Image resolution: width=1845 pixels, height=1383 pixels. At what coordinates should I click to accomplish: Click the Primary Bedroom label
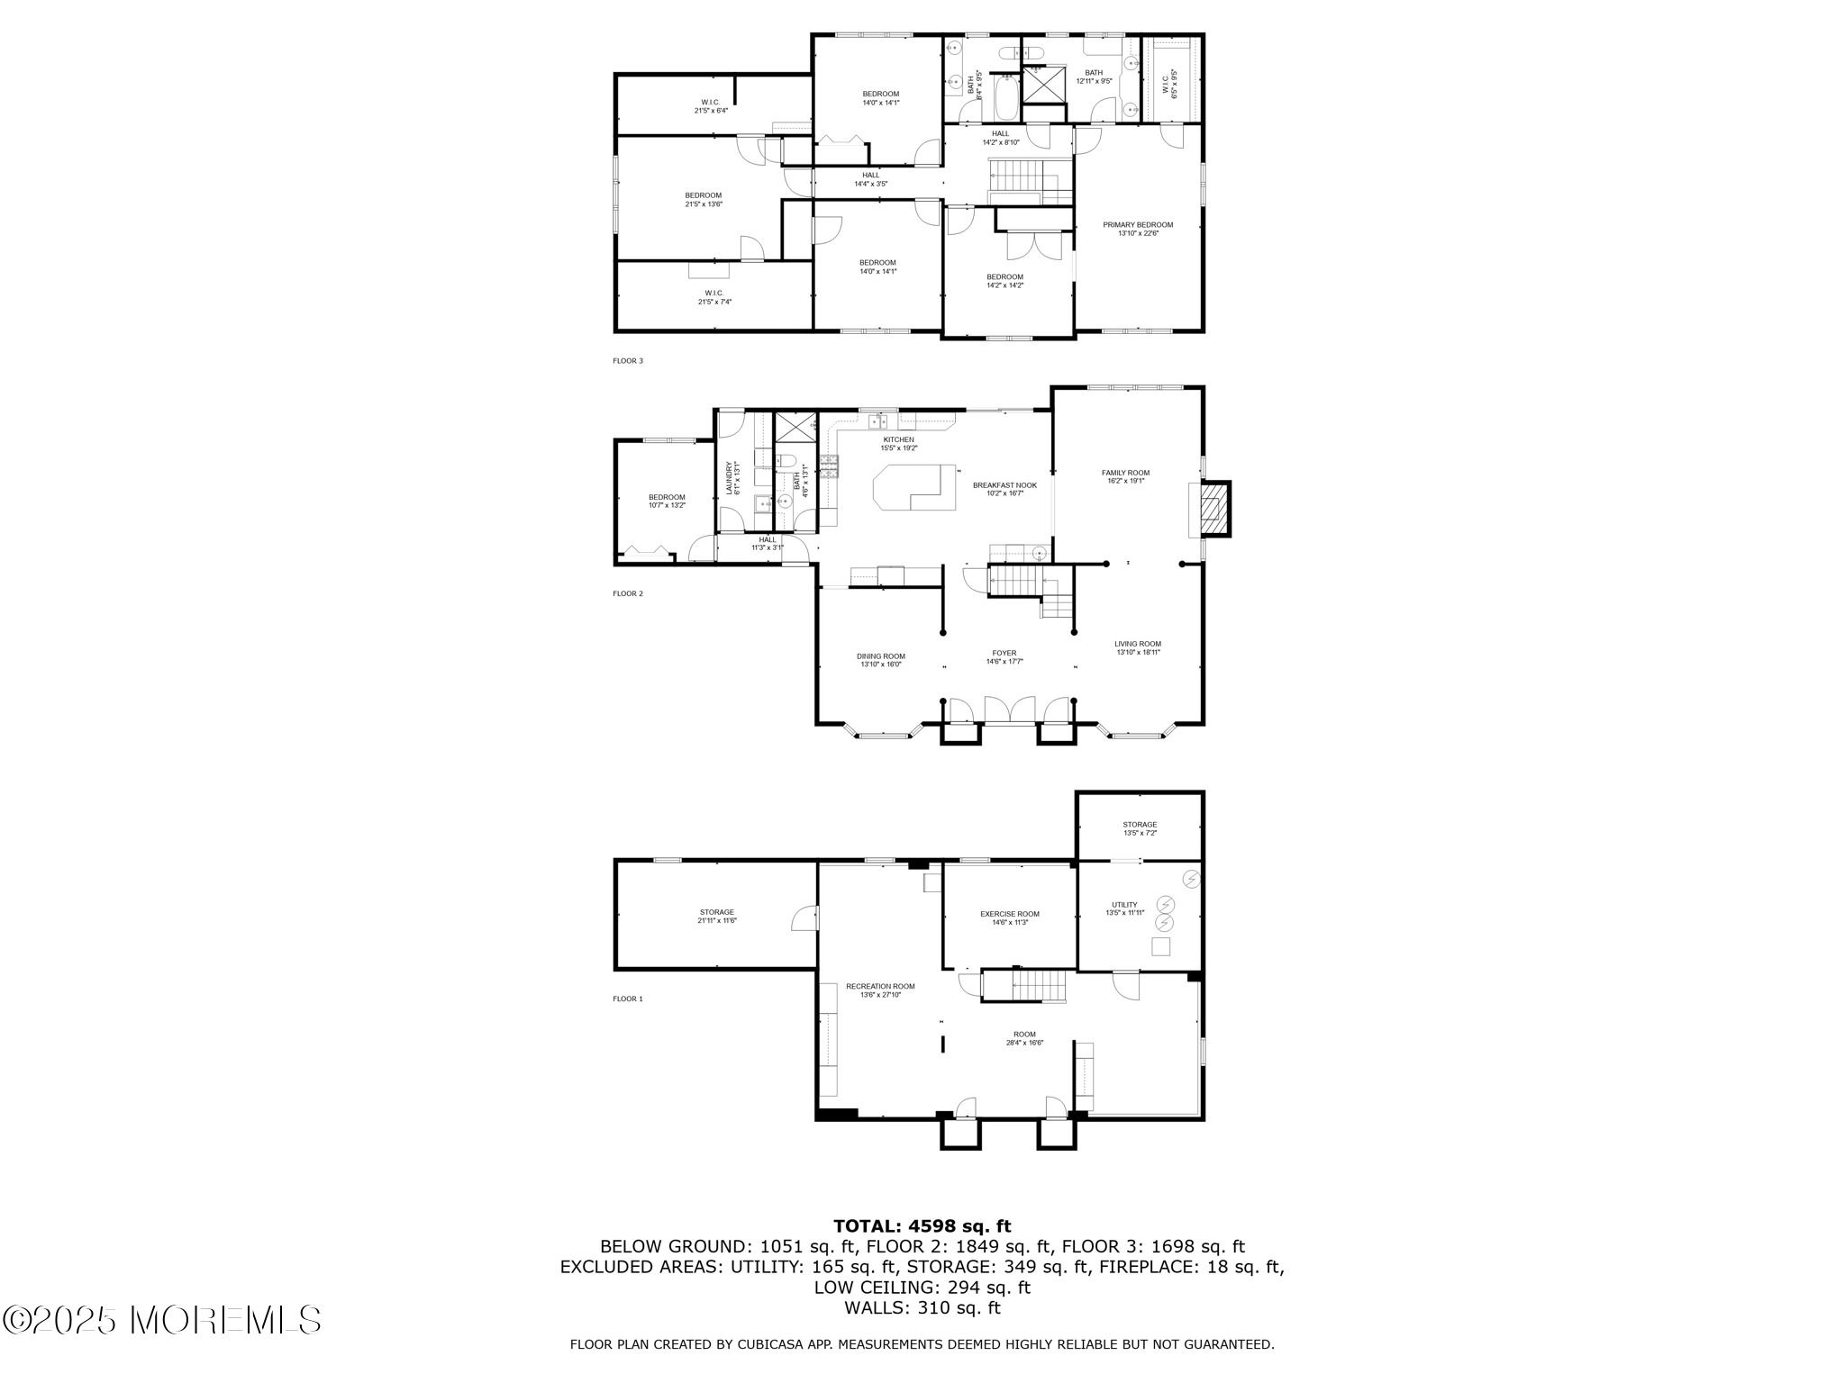1138,225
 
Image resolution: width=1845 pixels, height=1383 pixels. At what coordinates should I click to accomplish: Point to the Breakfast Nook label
1004,485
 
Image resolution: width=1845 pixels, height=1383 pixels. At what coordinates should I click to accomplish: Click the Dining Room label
880,656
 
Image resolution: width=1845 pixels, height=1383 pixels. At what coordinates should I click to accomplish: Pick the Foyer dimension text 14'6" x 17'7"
1004,662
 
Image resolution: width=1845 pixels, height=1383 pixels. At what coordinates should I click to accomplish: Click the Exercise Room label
1009,914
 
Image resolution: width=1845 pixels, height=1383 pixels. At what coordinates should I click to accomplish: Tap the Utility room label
1123,905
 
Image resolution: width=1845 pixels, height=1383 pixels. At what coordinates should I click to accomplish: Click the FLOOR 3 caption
628,361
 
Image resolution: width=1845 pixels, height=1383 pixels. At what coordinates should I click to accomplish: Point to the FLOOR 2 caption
628,593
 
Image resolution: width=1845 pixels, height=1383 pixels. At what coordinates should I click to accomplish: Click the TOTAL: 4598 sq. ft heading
922,1226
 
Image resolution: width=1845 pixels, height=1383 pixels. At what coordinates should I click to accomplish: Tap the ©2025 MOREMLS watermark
162,1320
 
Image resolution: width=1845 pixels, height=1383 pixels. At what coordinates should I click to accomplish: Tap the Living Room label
1138,644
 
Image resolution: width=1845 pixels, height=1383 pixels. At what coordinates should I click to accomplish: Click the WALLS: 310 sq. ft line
922,1308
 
